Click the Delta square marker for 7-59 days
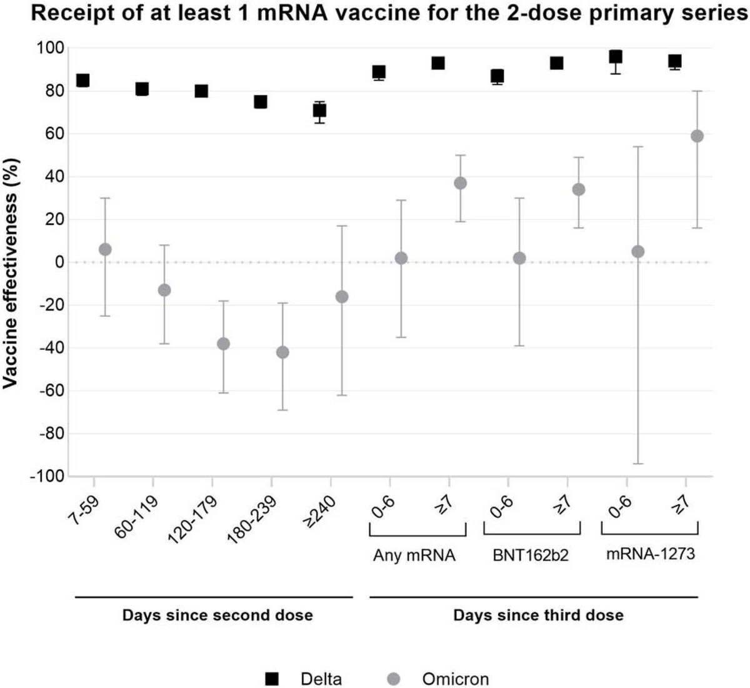tap(82, 80)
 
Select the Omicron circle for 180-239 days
tap(282, 352)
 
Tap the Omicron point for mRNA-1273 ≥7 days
tap(697, 136)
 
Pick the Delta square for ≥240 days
tap(319, 111)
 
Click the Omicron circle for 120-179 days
tap(223, 344)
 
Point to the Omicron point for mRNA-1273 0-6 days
tap(638, 252)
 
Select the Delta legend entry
tap(303, 679)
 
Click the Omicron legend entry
tap(437, 679)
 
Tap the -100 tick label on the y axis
tap(47, 477)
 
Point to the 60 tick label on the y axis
tap(55, 134)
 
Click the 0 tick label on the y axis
tap(60, 262)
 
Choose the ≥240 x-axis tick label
tap(319, 512)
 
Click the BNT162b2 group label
tap(531, 556)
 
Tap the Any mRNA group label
tap(414, 556)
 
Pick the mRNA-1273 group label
tap(650, 554)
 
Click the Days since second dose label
tap(217, 616)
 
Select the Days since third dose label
tap(538, 616)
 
